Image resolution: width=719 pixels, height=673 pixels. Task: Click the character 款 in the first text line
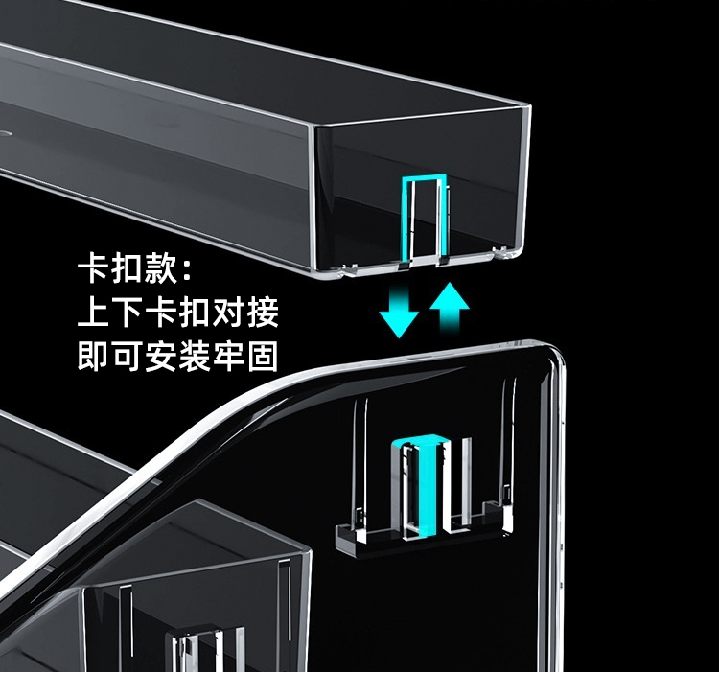[x=159, y=270]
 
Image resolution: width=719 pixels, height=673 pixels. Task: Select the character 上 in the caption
[x=94, y=313]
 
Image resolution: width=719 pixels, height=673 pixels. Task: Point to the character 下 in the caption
[x=127, y=313]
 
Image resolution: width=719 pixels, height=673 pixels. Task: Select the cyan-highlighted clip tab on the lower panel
[x=422, y=483]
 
